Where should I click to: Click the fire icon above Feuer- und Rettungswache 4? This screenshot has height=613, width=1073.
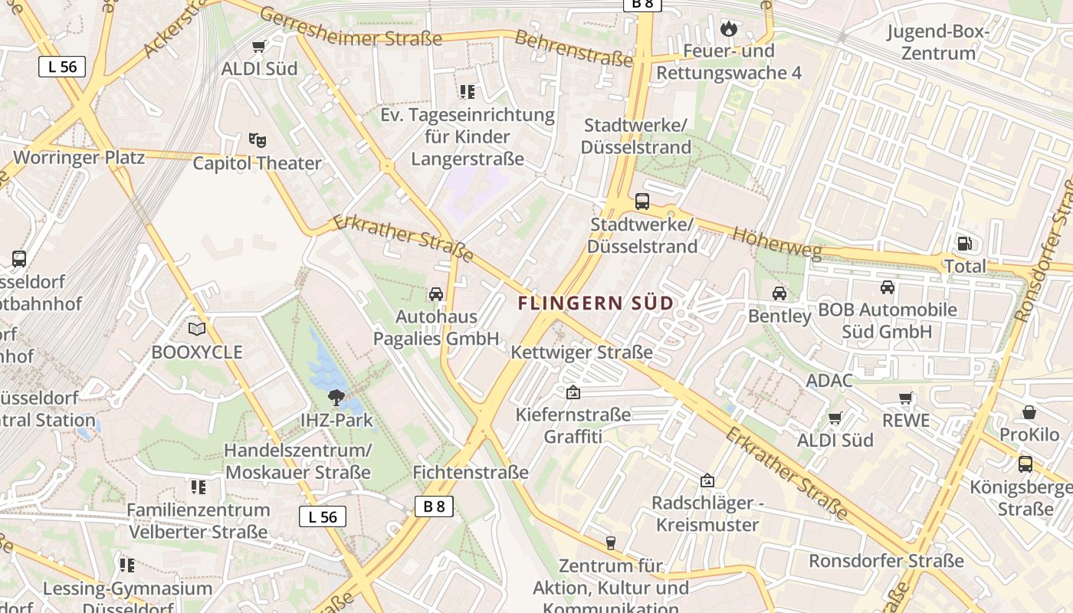tap(727, 29)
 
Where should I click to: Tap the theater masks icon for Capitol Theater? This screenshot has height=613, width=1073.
tap(258, 140)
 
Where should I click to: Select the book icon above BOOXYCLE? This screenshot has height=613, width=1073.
tap(197, 329)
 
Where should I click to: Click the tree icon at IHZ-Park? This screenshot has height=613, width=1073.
tap(335, 397)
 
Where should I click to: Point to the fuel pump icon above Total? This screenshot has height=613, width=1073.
tap(964, 244)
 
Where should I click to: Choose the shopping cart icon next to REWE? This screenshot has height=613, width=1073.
tap(906, 398)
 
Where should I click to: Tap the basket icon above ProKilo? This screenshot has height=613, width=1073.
tap(1029, 412)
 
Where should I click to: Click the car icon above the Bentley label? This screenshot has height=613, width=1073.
tap(779, 293)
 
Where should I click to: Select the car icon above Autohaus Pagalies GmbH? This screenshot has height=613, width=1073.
tap(436, 293)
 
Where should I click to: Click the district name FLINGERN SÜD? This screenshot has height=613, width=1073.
tap(596, 303)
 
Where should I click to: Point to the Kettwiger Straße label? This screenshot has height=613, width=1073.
tap(582, 352)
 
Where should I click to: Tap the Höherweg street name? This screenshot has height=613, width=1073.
tap(777, 244)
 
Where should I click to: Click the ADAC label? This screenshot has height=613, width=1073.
tap(829, 381)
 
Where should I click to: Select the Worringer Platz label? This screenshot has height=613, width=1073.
tap(79, 158)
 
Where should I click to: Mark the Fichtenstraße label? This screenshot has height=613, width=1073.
tap(471, 472)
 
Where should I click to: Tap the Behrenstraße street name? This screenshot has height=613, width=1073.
tap(573, 48)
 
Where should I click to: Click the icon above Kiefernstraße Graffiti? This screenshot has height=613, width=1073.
tap(573, 393)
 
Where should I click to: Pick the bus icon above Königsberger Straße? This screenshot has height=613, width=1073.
tap(1025, 464)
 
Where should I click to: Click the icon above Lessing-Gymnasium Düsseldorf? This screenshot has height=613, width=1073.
tap(127, 565)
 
